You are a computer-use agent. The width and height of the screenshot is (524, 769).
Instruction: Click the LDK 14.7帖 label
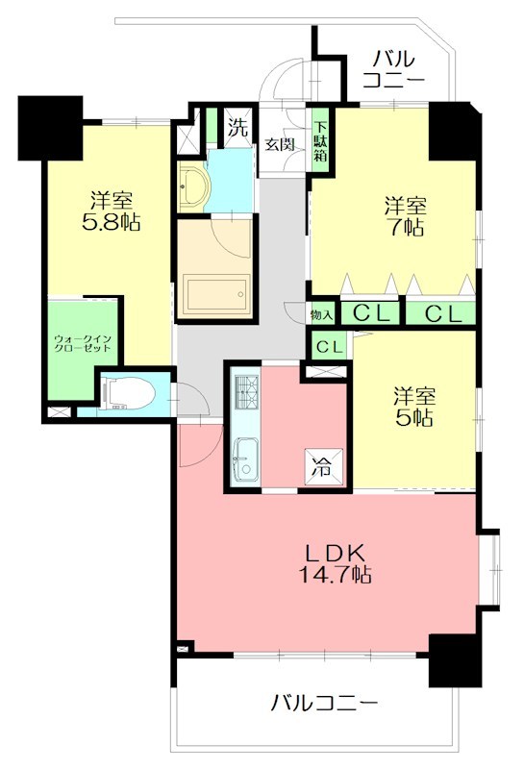(x=336, y=564)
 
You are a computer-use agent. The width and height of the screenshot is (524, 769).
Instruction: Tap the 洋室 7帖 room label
(x=406, y=216)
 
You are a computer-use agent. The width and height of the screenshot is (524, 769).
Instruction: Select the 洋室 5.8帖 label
(x=111, y=211)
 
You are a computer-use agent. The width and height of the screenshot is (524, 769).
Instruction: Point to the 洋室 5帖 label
(x=414, y=407)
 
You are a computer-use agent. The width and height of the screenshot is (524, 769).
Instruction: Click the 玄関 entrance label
(x=280, y=145)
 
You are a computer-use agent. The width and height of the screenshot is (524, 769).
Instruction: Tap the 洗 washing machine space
(x=237, y=128)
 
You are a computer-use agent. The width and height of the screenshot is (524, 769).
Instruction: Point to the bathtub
(x=216, y=294)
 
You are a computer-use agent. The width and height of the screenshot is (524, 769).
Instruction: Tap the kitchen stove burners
(x=245, y=392)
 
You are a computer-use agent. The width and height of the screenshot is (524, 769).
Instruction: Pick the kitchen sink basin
(x=245, y=459)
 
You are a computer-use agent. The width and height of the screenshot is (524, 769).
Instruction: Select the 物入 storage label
(x=321, y=315)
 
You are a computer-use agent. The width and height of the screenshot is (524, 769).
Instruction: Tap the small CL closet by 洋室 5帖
(x=329, y=347)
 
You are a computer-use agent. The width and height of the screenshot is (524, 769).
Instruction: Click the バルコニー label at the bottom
(x=324, y=704)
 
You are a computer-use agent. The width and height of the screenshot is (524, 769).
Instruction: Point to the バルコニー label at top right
(x=394, y=69)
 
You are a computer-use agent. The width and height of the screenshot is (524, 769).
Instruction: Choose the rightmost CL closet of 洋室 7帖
(x=441, y=313)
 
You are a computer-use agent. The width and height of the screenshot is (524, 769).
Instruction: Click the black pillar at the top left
(x=50, y=128)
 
